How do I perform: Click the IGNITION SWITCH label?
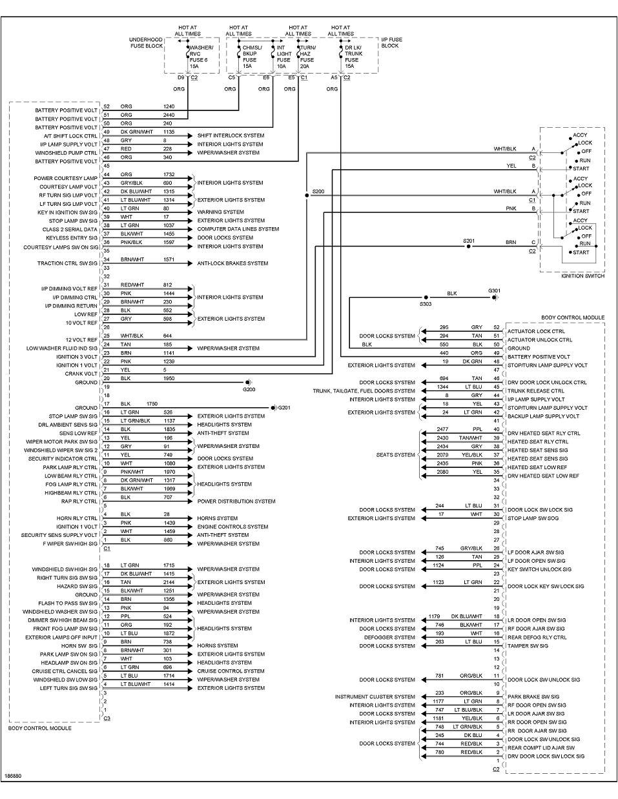582,276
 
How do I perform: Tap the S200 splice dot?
307,193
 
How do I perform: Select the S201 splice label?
469,241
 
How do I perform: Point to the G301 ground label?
494,291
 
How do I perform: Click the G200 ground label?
249,390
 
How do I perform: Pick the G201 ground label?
283,408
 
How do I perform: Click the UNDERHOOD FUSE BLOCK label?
146,43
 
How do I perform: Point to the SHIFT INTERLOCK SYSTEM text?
230,136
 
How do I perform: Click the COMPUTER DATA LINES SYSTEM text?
238,229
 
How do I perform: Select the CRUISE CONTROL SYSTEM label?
231,671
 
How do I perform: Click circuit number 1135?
169,131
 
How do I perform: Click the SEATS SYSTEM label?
395,455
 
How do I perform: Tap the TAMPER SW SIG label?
528,646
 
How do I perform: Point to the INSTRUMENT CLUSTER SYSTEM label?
375,697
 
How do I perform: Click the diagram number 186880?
13,776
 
